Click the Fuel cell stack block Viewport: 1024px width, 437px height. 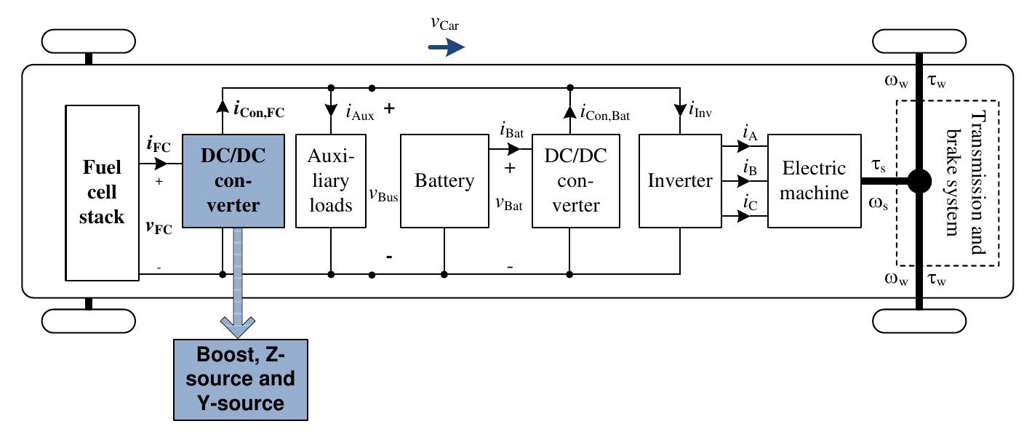click(x=102, y=192)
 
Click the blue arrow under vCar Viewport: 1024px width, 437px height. click(x=446, y=48)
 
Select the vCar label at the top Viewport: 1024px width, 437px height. click(x=444, y=24)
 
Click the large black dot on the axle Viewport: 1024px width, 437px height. click(x=919, y=182)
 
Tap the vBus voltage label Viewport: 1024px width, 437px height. click(x=383, y=196)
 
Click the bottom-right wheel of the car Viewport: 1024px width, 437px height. click(x=919, y=319)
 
